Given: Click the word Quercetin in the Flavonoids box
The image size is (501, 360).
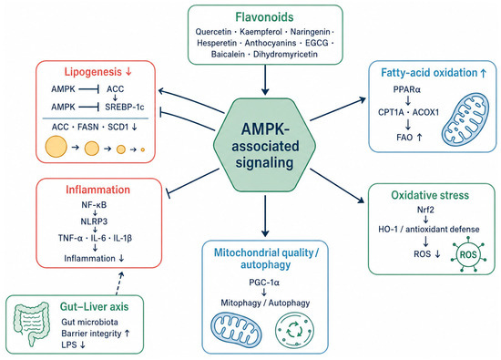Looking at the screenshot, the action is pyautogui.click(x=213, y=32).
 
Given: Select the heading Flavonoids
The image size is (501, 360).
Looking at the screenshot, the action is pyautogui.click(x=264, y=17).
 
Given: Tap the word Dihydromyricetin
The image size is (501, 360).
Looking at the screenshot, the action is pyautogui.click(x=285, y=55).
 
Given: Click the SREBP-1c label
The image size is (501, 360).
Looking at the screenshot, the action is pyautogui.click(x=125, y=107).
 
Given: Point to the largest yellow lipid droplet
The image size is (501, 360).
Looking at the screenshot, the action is pyautogui.click(x=56, y=147).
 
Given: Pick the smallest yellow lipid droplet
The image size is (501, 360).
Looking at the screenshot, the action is pyautogui.click(x=143, y=149).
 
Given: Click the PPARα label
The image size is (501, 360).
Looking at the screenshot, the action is pyautogui.click(x=407, y=89).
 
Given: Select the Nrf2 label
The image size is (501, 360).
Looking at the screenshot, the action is pyautogui.click(x=425, y=210).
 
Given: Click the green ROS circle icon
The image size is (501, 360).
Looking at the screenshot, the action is pyautogui.click(x=468, y=254).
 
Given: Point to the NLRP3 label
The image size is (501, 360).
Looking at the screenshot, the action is pyautogui.click(x=94, y=221).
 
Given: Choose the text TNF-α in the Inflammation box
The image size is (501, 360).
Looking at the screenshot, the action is pyautogui.click(x=70, y=238).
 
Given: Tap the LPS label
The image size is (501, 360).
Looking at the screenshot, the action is pyautogui.click(x=68, y=345).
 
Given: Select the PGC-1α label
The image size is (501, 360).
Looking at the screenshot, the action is pyautogui.click(x=264, y=283).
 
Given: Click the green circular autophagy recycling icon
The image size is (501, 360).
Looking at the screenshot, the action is pyautogui.click(x=294, y=330).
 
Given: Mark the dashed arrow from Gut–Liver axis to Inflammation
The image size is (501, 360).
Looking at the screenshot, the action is pyautogui.click(x=119, y=283).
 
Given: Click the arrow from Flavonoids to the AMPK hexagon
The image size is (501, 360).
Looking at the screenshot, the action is pyautogui.click(x=265, y=80).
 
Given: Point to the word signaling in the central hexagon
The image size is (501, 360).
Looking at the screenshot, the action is pyautogui.click(x=264, y=162).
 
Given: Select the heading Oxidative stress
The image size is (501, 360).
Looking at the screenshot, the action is pyautogui.click(x=430, y=195).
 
